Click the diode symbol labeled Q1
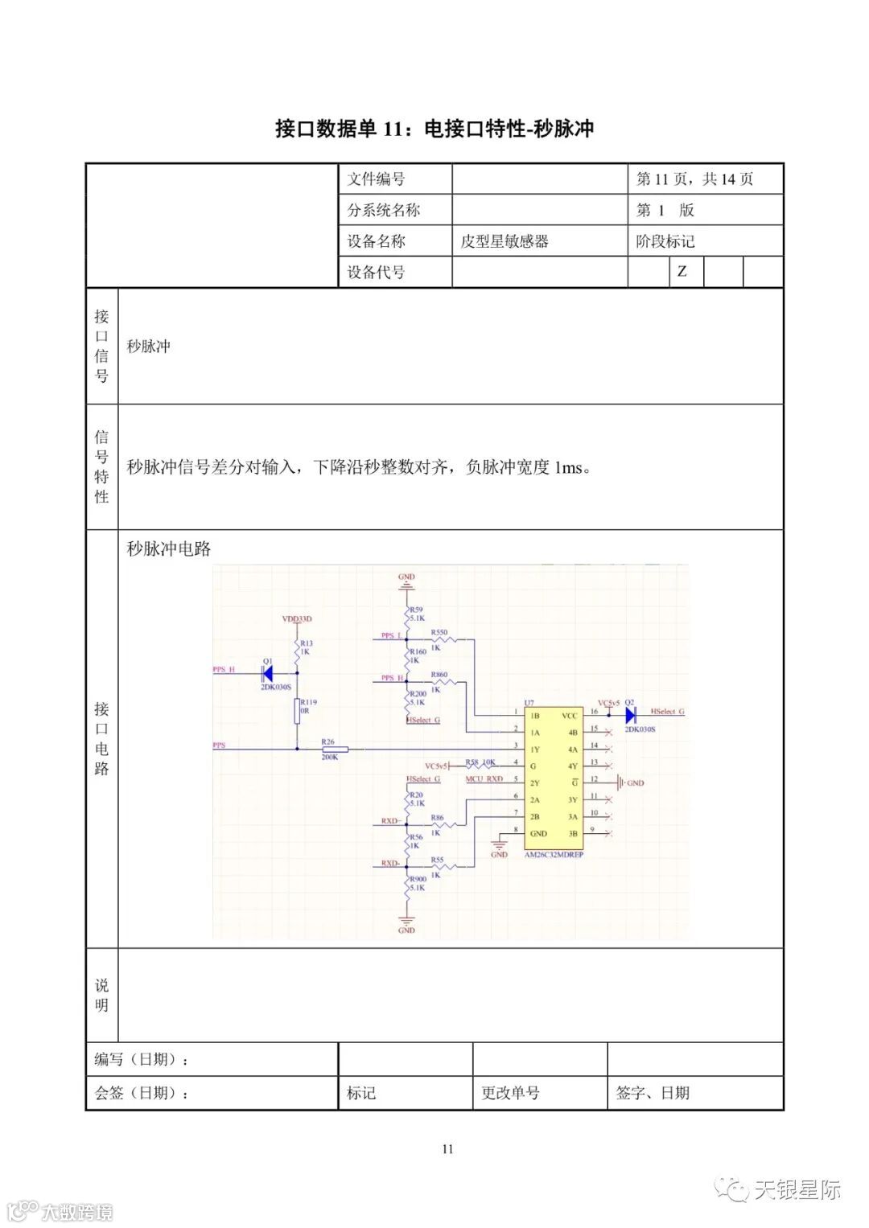(268, 673)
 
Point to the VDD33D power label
(296, 619)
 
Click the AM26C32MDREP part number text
(554, 855)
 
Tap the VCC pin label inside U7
(569, 716)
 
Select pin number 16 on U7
(594, 712)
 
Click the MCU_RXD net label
(484, 778)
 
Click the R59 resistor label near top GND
(416, 610)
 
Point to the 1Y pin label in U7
(534, 750)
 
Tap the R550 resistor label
(439, 633)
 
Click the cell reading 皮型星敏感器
(505, 241)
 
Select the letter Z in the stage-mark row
(682, 272)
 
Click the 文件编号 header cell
(377, 179)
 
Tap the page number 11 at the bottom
(447, 1148)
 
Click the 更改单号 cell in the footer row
(510, 1093)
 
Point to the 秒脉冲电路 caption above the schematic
(169, 549)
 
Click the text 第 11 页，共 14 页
(694, 179)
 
